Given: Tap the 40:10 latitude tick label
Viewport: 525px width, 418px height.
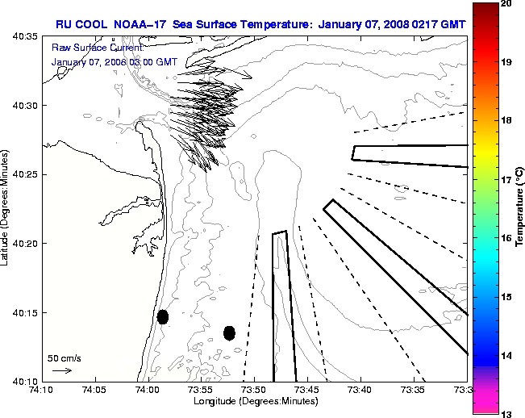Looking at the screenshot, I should point(25,381).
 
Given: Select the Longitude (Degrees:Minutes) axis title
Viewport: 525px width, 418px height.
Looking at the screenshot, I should point(255,401).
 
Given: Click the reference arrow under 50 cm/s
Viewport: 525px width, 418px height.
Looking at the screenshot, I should point(62,370).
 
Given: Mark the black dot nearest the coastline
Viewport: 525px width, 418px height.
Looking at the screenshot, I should point(162,316).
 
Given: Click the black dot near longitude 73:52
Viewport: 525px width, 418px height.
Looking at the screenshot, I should point(229,332).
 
